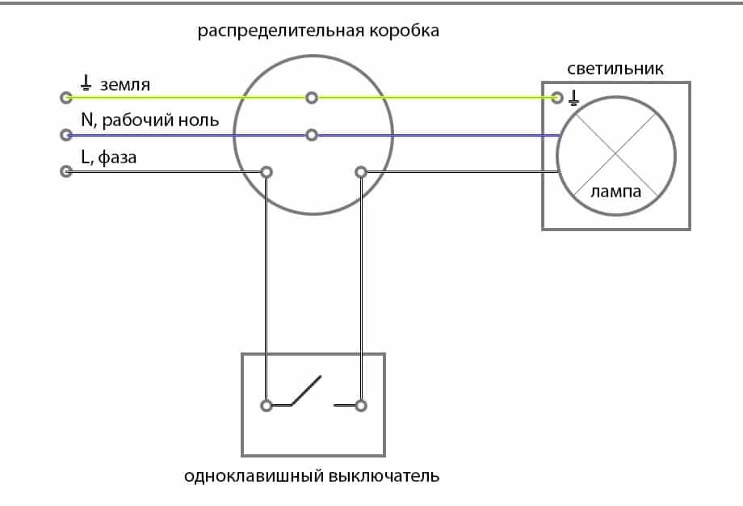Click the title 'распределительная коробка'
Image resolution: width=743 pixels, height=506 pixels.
(x=318, y=32)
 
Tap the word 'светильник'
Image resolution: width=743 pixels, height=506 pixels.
(x=615, y=69)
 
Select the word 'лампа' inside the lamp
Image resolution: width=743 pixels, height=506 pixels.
(x=615, y=192)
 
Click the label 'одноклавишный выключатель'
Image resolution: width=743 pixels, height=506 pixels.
(x=311, y=475)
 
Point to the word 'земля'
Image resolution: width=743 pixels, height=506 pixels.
(x=125, y=84)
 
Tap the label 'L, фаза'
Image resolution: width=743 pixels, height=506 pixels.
(x=109, y=158)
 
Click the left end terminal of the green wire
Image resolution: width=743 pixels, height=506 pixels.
(x=67, y=98)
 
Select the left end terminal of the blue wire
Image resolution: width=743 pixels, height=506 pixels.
(x=67, y=135)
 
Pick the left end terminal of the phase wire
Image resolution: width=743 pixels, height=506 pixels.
(x=67, y=171)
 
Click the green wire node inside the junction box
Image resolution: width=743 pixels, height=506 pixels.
(x=312, y=98)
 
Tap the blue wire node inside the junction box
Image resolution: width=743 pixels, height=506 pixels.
(x=312, y=135)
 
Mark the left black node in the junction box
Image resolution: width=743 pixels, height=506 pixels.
(x=266, y=171)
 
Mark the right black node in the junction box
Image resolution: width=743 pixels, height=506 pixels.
(x=361, y=171)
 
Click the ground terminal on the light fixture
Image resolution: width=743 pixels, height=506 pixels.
(x=556, y=98)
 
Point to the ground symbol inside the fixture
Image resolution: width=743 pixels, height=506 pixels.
(x=574, y=98)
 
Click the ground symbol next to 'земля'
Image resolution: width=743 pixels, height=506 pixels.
(x=86, y=82)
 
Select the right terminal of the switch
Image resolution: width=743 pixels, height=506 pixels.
(x=361, y=405)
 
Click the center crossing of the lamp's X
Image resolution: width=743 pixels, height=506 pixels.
(x=615, y=152)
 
